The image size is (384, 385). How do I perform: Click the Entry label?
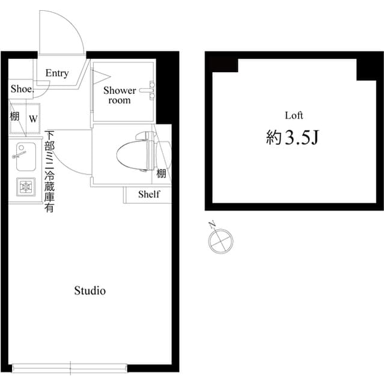[57, 73]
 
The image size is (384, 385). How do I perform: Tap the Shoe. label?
[21, 88]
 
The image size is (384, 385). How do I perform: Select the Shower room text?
[120, 95]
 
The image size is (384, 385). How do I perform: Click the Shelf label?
[149, 194]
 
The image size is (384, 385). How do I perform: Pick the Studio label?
[90, 291]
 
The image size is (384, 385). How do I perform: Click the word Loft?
[294, 115]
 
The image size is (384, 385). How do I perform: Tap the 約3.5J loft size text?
[291, 139]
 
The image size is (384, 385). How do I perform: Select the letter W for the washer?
[34, 118]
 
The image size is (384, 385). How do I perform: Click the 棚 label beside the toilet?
[161, 174]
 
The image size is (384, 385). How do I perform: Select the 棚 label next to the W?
[14, 116]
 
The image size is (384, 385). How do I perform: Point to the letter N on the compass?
[212, 226]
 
